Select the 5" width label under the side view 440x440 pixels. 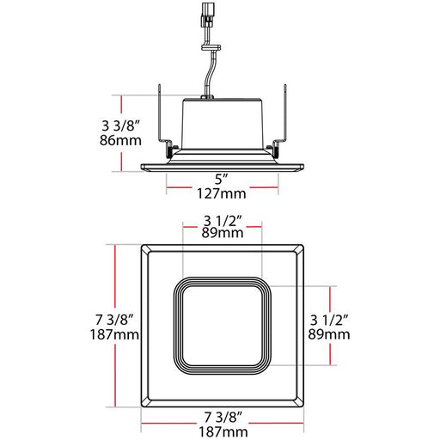coord(222,179)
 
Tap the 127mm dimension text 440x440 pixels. coord(222,195)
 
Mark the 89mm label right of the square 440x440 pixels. coord(330,333)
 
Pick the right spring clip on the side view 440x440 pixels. coord(282,120)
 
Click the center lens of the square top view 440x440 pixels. coord(222,325)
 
